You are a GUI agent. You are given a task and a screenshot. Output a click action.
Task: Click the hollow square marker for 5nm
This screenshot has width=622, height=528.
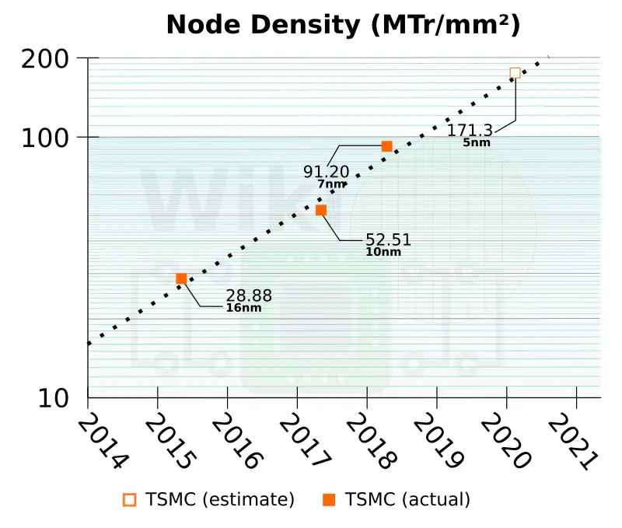515,73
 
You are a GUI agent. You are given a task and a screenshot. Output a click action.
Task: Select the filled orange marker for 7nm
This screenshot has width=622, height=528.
386,146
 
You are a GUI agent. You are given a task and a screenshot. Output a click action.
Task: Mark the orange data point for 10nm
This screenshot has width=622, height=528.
321,210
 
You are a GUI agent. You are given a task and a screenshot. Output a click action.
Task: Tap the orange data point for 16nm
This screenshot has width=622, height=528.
181,278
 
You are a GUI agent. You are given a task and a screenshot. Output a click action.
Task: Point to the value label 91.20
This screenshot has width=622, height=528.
327,172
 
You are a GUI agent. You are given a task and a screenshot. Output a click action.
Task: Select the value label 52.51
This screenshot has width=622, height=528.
388,240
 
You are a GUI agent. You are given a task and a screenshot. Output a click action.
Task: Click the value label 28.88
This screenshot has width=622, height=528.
249,295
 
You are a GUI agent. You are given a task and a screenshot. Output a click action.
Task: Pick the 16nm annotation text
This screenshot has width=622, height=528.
243,308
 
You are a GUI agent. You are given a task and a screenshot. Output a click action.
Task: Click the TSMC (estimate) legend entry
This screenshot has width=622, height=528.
210,499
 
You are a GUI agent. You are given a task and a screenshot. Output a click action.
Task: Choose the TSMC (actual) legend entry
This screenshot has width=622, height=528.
397,499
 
